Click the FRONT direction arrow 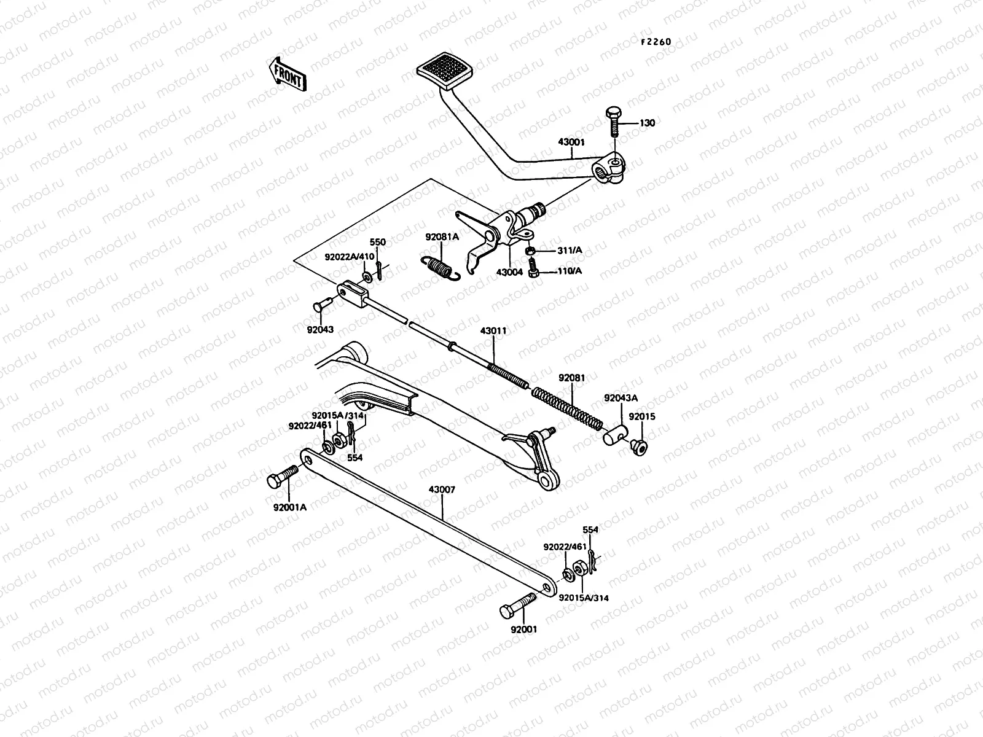[286, 74]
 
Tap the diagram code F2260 [656, 42]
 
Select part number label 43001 [571, 142]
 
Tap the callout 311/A [570, 251]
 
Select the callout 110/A [570, 271]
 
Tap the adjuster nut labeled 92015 [639, 447]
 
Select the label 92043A [620, 398]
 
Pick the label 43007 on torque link [442, 489]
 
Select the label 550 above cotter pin [377, 242]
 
